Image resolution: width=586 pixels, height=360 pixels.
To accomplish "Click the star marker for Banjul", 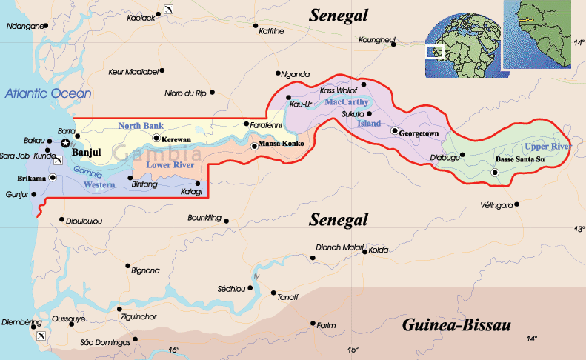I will click(66, 142).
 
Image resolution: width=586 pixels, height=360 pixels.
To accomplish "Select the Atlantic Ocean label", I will click(48, 93).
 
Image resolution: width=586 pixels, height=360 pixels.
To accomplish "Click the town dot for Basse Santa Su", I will click(495, 173).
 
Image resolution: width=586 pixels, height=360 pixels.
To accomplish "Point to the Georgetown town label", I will click(419, 134).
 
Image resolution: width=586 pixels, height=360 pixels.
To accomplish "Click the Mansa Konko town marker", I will click(254, 146).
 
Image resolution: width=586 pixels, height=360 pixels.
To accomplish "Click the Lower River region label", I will click(170, 164).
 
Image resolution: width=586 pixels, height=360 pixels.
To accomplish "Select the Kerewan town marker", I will click(156, 138).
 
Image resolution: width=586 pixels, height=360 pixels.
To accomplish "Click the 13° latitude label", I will click(578, 230).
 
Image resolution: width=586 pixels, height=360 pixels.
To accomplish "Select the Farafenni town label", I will click(267, 124).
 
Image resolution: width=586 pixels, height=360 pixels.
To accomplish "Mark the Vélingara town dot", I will click(517, 204).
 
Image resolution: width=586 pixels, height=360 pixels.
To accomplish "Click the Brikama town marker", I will click(53, 178).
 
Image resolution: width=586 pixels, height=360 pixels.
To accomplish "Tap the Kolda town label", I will click(379, 250).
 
